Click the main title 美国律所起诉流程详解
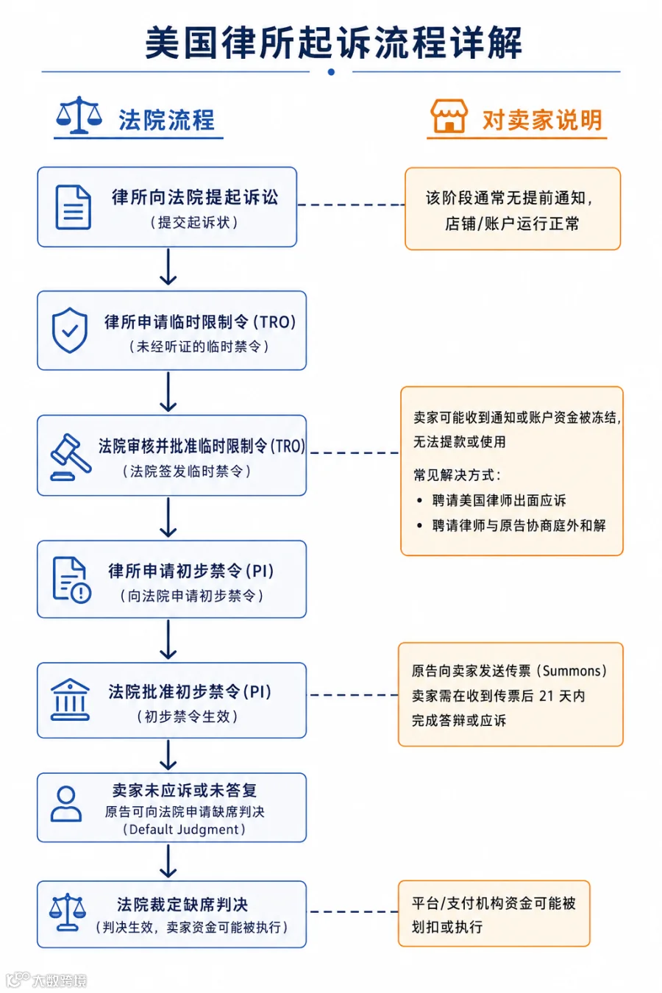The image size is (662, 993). click(x=333, y=43)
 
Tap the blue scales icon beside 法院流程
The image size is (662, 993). click(x=79, y=115)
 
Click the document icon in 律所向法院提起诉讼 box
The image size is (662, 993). click(x=73, y=207)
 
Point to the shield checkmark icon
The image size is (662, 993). click(x=70, y=330)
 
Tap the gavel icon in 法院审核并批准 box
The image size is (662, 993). click(x=71, y=457)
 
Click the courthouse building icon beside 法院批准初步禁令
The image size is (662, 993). click(x=70, y=700)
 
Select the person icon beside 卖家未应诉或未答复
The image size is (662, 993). click(x=66, y=804)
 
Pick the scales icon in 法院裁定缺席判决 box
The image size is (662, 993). click(x=68, y=912)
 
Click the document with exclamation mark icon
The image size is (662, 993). click(x=72, y=580)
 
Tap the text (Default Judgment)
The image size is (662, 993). click(x=184, y=829)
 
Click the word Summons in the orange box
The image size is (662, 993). click(x=572, y=671)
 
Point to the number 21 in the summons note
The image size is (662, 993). click(x=547, y=696)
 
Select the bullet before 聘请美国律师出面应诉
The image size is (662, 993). click(x=419, y=501)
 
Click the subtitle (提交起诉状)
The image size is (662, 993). click(x=194, y=222)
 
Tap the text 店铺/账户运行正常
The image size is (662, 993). click(x=512, y=224)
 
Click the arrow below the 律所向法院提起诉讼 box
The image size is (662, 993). click(x=168, y=267)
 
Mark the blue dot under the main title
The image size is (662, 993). click(x=331, y=72)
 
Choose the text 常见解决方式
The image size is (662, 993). click(x=457, y=475)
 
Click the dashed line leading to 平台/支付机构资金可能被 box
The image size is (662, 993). click(x=354, y=912)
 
